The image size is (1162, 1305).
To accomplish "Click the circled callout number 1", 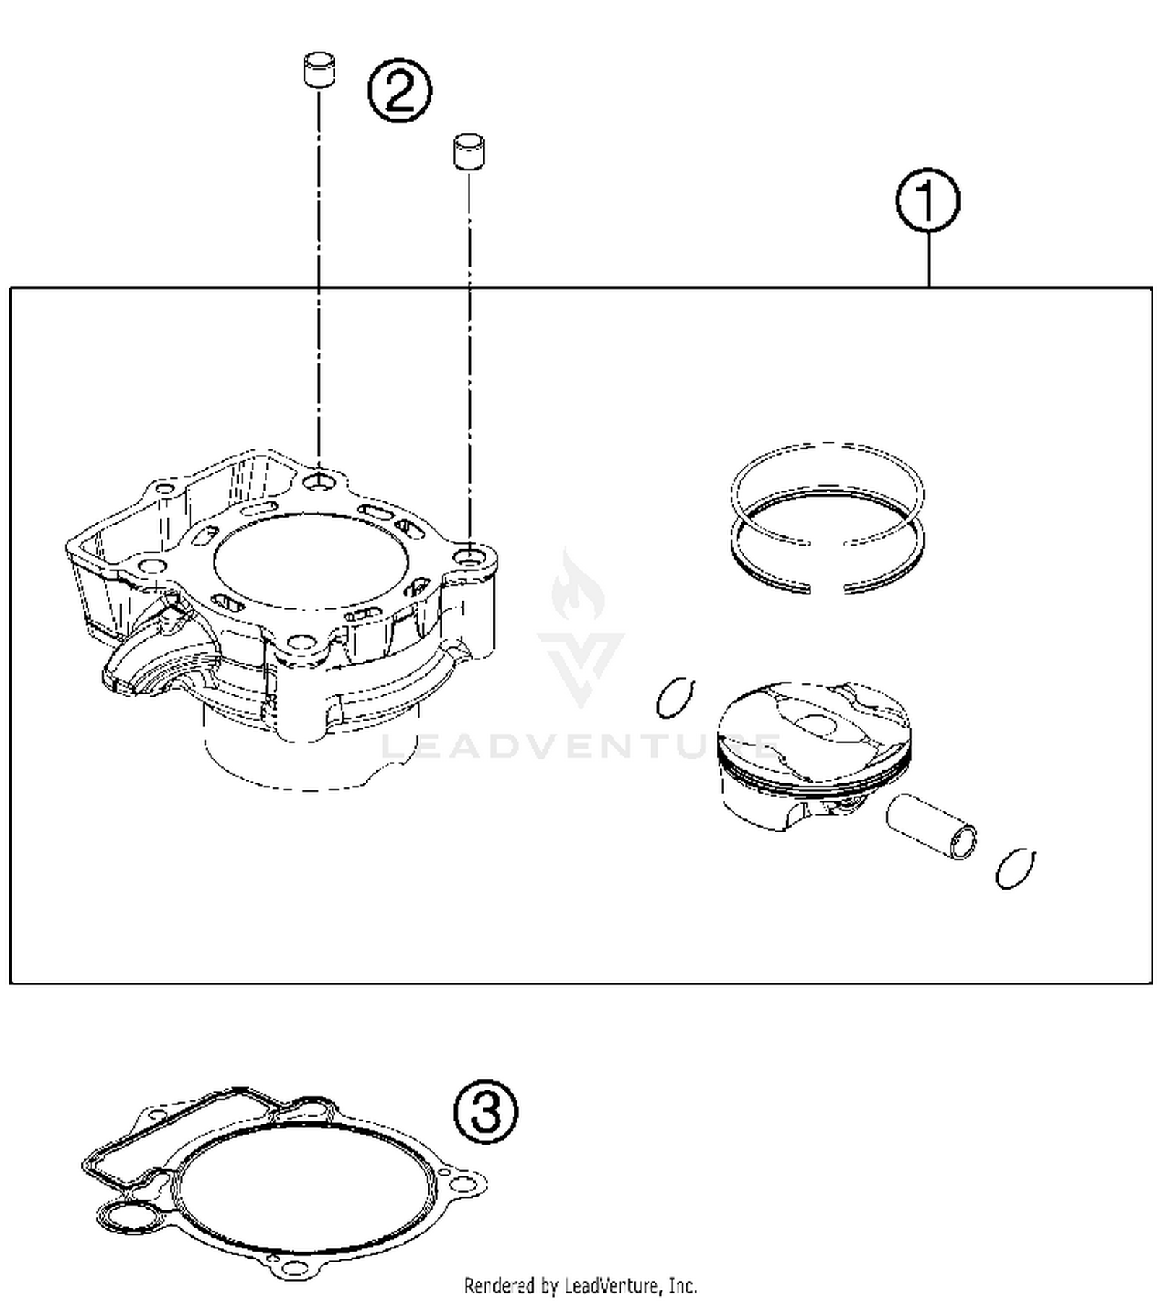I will click(x=927, y=201).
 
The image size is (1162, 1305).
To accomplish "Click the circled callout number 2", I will click(x=399, y=92).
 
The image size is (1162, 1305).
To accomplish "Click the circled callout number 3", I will click(x=485, y=1112).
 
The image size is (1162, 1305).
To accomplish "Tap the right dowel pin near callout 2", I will click(x=469, y=151).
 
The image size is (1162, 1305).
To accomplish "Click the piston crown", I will click(x=813, y=725).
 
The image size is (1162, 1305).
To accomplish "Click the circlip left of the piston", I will click(x=676, y=697).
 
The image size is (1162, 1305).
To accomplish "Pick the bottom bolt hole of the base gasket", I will click(x=294, y=1269).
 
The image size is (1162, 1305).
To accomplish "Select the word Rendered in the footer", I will click(x=499, y=1286).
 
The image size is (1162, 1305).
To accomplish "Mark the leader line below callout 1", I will click(x=928, y=260).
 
